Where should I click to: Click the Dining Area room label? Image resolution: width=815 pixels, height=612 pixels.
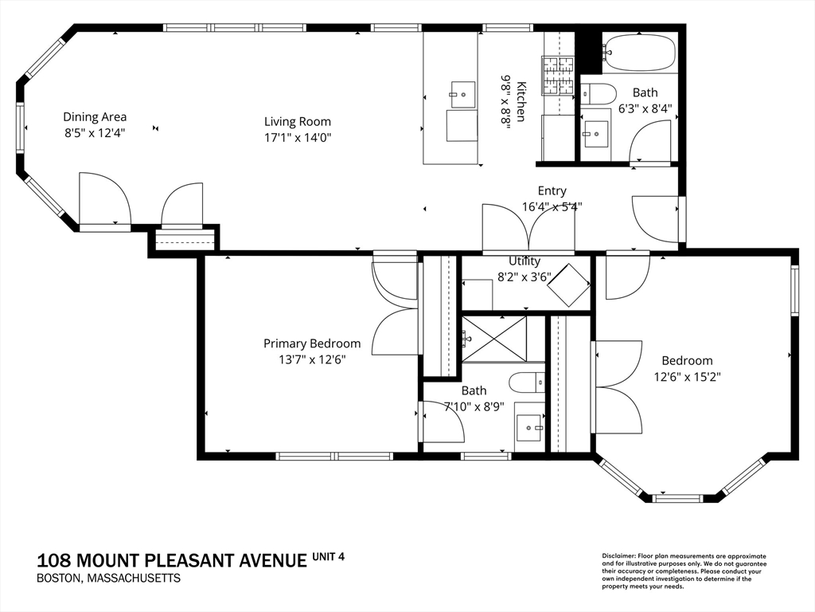(x=95, y=117)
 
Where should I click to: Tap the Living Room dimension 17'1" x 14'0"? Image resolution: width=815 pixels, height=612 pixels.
(x=297, y=137)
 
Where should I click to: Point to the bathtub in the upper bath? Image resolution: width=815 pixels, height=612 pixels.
(x=638, y=53)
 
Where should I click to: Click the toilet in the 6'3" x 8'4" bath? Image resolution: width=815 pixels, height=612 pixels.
(x=597, y=93)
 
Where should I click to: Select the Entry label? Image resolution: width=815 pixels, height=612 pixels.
(x=552, y=190)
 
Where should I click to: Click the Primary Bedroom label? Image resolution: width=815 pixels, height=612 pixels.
(x=312, y=343)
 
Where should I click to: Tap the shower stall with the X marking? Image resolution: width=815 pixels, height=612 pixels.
(x=495, y=339)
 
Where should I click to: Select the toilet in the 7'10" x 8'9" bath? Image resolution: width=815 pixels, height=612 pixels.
(x=527, y=382)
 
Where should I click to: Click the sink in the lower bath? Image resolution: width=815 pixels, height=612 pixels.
(x=529, y=427)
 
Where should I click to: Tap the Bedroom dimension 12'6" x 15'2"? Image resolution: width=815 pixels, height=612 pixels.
(x=687, y=376)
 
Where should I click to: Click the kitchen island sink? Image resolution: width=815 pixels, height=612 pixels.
(x=462, y=93)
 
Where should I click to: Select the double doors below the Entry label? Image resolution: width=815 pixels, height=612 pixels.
(x=528, y=229)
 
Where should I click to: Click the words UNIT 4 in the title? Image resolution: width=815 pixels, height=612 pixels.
(x=329, y=556)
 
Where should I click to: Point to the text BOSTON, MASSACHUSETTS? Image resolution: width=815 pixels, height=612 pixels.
(x=108, y=578)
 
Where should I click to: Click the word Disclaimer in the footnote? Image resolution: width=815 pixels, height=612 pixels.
(x=616, y=555)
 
